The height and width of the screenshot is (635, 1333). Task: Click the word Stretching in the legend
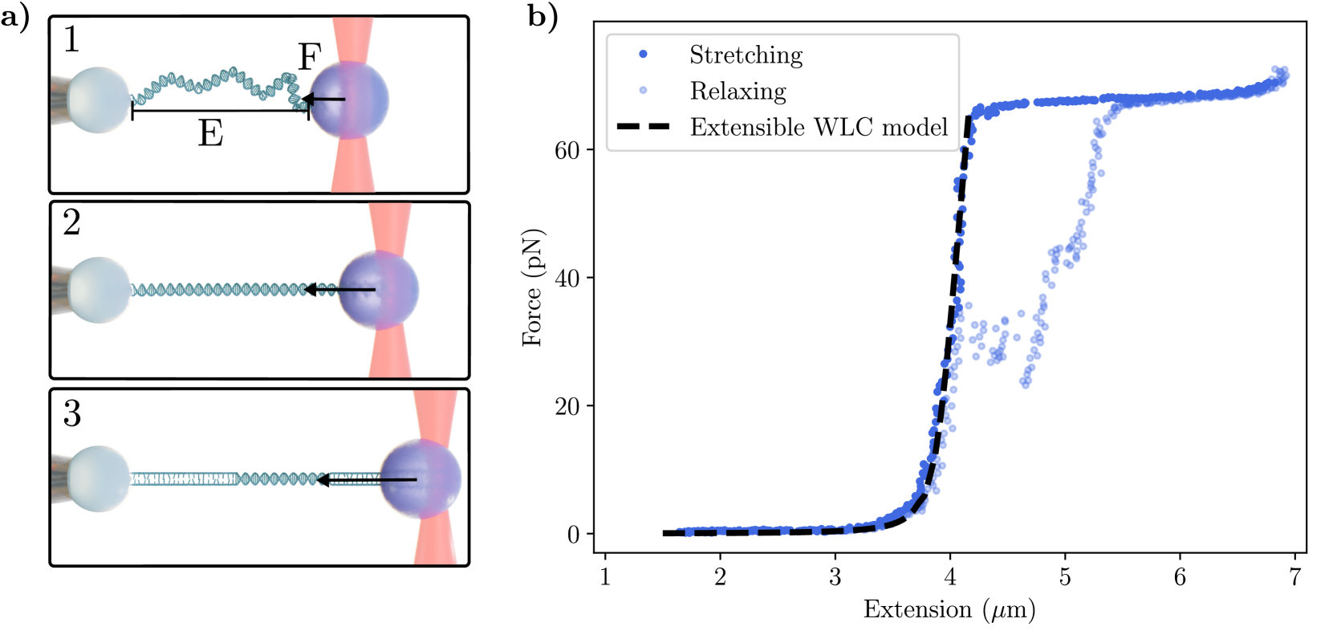[x=746, y=55]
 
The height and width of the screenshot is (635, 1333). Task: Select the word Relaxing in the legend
[x=738, y=92]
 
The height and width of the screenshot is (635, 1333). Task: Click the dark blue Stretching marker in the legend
[x=643, y=54]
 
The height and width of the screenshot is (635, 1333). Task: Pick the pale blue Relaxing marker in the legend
[x=643, y=90]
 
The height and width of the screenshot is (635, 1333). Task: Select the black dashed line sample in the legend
[x=643, y=127]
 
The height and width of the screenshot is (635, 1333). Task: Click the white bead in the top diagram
[x=100, y=100]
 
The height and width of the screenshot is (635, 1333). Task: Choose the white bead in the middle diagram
[x=100, y=290]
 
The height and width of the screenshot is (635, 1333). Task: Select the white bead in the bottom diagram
[x=100, y=478]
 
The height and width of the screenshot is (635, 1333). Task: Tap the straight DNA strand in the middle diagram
[x=217, y=290]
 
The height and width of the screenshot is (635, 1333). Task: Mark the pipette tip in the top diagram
[x=60, y=100]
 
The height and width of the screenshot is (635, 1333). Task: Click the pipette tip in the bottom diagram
[x=60, y=478]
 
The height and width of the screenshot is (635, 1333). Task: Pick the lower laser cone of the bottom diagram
[x=435, y=542]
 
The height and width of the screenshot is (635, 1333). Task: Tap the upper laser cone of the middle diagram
[x=390, y=225]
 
